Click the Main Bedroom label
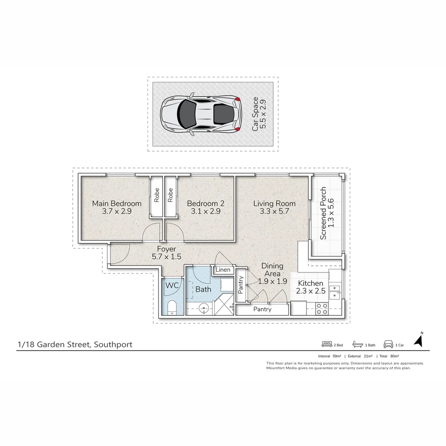tap(116, 203)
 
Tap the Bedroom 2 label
tap(205, 203)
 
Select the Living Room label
tap(274, 203)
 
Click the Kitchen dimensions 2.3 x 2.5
tap(311, 291)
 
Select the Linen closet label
tap(223, 270)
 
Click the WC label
tap(172, 285)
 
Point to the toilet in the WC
tap(172, 308)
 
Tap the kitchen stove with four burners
tap(321, 308)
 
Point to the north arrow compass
tap(419, 340)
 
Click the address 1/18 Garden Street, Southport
tap(75, 344)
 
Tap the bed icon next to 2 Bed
tap(327, 344)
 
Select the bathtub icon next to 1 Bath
tap(357, 344)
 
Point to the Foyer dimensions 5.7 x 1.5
tap(166, 257)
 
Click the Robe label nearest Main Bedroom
tap(157, 195)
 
